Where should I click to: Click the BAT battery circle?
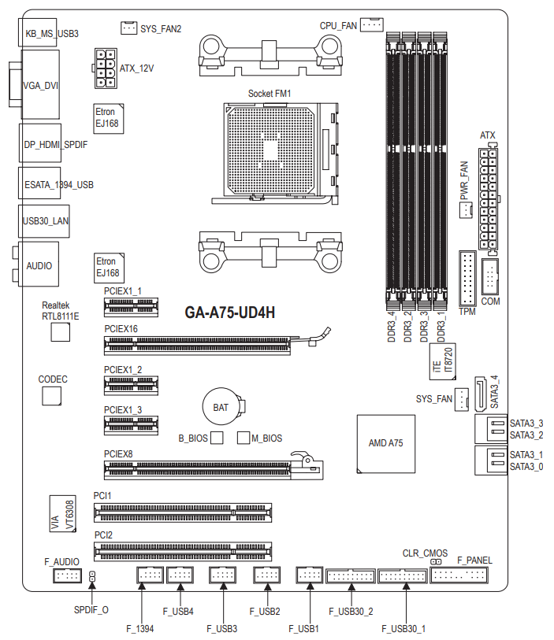(x=221, y=406)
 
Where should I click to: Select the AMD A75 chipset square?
(x=386, y=444)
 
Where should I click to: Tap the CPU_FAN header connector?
(x=372, y=24)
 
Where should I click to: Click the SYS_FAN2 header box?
(x=128, y=28)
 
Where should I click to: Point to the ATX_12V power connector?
(x=106, y=68)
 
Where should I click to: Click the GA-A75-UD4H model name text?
(x=229, y=313)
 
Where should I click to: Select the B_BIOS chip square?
(x=217, y=438)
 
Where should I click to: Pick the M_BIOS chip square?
(x=244, y=438)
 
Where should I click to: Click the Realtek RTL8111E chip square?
(x=61, y=332)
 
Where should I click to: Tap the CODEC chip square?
(x=51, y=395)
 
